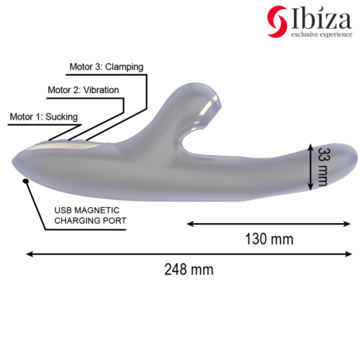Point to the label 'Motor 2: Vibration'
(84, 90)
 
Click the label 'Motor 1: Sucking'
(44, 117)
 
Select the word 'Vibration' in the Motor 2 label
(101, 90)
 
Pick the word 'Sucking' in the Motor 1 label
(61, 117)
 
